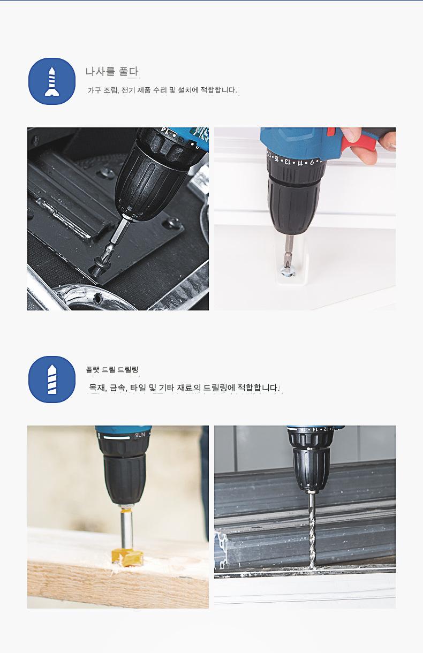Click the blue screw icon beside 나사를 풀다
tap(52, 81)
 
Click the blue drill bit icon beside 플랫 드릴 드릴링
tap(52, 379)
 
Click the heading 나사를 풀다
tap(112, 71)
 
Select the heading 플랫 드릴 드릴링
tap(112, 370)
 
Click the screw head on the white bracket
tap(288, 273)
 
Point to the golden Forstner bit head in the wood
tap(128, 557)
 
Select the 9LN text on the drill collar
tap(140, 435)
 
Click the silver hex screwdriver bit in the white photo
tap(289, 252)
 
